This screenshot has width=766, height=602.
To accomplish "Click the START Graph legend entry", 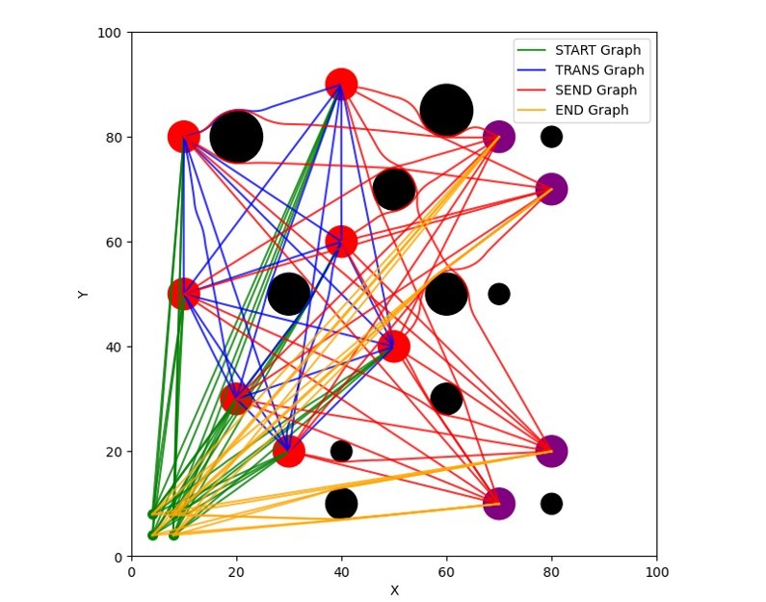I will point(597,50).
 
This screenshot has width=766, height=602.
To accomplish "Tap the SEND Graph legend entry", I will point(595,91).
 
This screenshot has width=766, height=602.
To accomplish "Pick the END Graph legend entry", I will point(592,111).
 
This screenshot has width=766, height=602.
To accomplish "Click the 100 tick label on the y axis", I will point(109,33).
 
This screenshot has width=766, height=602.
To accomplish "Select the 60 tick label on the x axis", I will point(446,571).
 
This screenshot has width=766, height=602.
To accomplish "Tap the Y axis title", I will point(83,294).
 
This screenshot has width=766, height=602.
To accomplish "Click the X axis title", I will point(394,590).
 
